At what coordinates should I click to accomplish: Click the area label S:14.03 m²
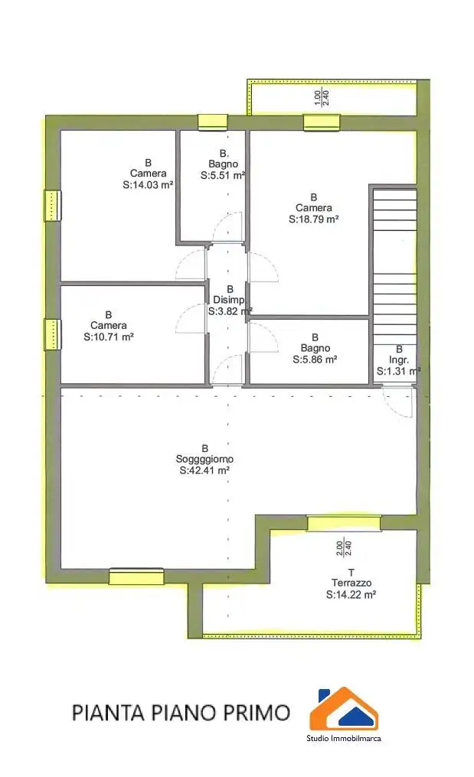click(x=148, y=184)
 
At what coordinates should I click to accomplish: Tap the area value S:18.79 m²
click(x=314, y=219)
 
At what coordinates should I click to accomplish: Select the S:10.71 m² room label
click(x=109, y=336)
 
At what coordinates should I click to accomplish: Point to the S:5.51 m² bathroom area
click(x=223, y=175)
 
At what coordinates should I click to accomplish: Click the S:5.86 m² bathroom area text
click(x=315, y=359)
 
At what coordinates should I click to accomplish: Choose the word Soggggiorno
click(x=204, y=460)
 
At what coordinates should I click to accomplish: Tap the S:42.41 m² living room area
click(x=204, y=471)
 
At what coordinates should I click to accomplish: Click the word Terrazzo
click(x=351, y=583)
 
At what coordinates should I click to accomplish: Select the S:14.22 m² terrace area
click(x=351, y=594)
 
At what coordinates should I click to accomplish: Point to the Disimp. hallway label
click(x=229, y=300)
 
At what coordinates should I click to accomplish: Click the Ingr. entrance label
click(x=399, y=359)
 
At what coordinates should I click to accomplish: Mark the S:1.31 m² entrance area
click(x=398, y=371)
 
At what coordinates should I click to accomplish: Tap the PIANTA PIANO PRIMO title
click(x=181, y=713)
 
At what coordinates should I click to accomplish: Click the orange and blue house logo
click(x=344, y=709)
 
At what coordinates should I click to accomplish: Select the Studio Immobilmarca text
click(x=344, y=738)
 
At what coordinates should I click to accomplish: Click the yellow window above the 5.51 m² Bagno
click(x=212, y=122)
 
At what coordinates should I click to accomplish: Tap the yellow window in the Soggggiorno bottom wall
click(x=136, y=577)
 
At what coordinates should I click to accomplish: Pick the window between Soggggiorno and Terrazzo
click(x=344, y=523)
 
